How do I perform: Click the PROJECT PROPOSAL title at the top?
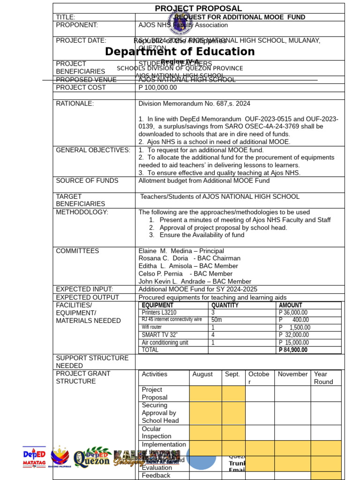click(198, 8)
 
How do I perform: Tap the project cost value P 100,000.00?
click(158, 88)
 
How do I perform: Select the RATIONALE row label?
click(75, 104)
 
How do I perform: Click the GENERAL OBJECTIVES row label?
click(93, 150)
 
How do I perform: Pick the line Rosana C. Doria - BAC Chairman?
click(189, 258)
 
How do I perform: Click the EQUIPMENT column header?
click(157, 305)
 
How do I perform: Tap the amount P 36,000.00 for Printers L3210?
click(293, 313)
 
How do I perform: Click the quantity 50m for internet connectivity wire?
click(217, 320)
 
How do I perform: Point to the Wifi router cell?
click(152, 327)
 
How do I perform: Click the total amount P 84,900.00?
click(293, 350)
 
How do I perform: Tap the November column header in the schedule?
click(292, 374)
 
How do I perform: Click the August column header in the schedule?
click(202, 374)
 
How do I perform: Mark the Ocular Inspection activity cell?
click(157, 432)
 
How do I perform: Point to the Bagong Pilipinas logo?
click(60, 457)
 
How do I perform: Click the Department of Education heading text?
click(180, 52)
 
